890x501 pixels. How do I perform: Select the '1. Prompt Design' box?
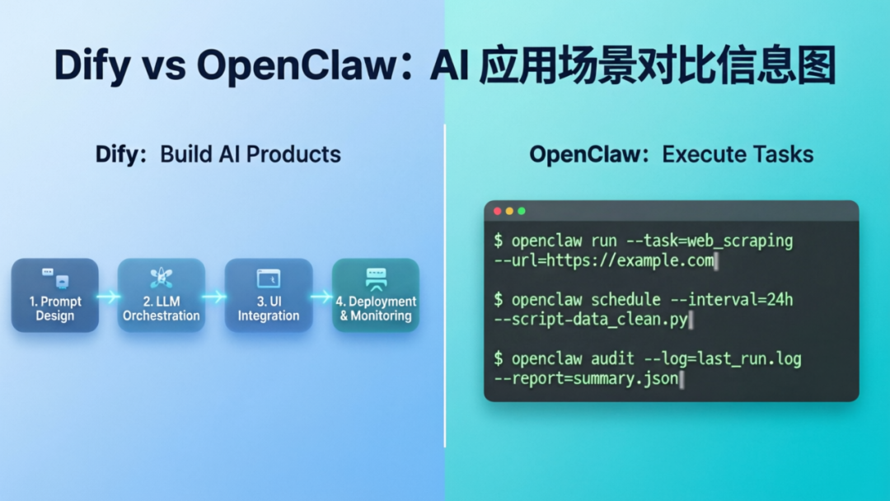click(x=55, y=295)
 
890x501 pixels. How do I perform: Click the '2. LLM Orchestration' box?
click(x=162, y=295)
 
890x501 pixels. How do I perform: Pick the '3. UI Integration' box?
click(x=269, y=295)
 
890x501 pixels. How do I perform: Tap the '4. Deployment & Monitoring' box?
click(x=376, y=295)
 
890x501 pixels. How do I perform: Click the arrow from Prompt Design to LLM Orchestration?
click(x=108, y=296)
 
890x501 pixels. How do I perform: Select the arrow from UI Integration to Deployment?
click(x=321, y=296)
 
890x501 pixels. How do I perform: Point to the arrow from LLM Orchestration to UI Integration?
click(x=214, y=296)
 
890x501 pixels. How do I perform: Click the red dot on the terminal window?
click(x=497, y=211)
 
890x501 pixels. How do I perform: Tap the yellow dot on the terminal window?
click(x=509, y=211)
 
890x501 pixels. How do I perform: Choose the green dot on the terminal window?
click(x=522, y=211)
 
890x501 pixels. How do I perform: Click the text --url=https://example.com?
click(x=603, y=262)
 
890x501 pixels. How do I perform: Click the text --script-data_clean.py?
click(x=590, y=320)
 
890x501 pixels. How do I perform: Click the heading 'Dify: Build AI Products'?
click(x=218, y=154)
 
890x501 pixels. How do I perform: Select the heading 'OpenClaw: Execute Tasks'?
click(x=671, y=154)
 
